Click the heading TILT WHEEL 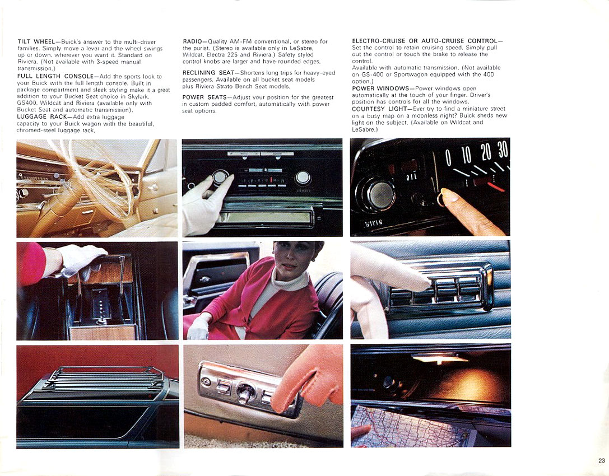click(x=36, y=42)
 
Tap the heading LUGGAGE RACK click(x=42, y=116)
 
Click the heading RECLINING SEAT click(x=208, y=73)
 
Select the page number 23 click(x=601, y=460)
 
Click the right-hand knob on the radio click(x=303, y=178)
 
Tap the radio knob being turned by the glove click(x=221, y=178)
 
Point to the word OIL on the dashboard click(x=411, y=178)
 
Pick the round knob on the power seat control click(x=244, y=392)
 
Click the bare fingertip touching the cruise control click(x=448, y=195)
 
